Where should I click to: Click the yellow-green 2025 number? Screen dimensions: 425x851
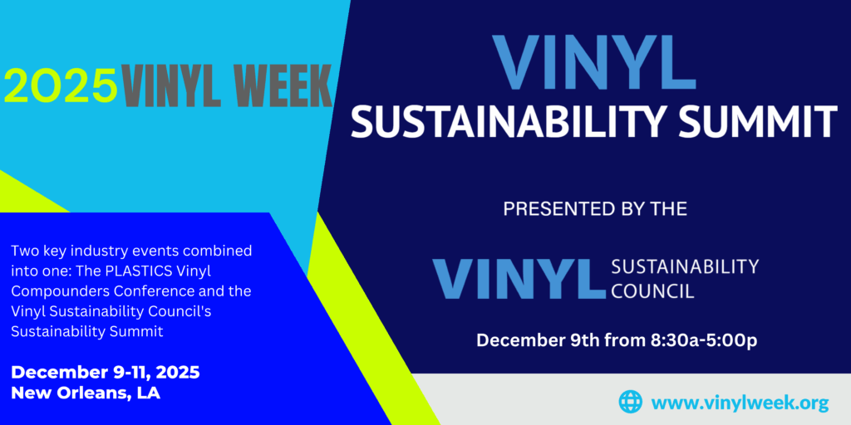pyautogui.click(x=60, y=85)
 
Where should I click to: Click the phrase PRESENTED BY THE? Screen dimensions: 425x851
pyautogui.click(x=594, y=209)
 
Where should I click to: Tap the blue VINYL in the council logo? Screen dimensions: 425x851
pyautogui.click(x=519, y=279)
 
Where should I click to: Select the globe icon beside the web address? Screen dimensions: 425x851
pyautogui.click(x=631, y=402)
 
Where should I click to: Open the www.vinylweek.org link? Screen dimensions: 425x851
pyautogui.click(x=740, y=403)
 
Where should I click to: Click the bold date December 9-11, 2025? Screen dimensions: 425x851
pyautogui.click(x=106, y=372)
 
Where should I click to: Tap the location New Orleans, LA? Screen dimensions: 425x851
pyautogui.click(x=86, y=393)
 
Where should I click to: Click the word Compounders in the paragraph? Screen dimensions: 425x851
pyautogui.click(x=53, y=291)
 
